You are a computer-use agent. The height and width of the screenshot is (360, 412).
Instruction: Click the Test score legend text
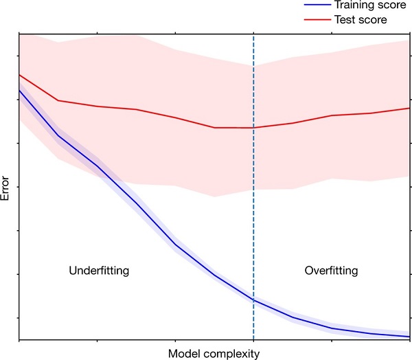[x=358, y=20]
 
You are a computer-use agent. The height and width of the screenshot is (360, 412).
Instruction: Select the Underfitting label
[x=99, y=271]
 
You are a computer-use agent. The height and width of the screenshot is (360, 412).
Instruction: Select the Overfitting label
[x=331, y=271]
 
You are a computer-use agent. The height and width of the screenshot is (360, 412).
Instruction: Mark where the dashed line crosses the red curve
[x=253, y=128]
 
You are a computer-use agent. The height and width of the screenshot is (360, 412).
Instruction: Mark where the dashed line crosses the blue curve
[x=253, y=300]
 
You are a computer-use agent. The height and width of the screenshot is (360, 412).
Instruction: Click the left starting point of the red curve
[x=19, y=75]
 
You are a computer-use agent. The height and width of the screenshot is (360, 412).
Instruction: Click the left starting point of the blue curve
[x=19, y=90]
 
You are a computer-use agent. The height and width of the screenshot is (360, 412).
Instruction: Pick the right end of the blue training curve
[x=409, y=337]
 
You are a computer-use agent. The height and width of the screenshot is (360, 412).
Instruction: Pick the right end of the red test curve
[x=409, y=108]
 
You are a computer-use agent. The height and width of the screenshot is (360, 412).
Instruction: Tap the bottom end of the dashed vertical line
[x=253, y=339]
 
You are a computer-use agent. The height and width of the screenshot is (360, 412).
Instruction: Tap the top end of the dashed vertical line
[x=253, y=32]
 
